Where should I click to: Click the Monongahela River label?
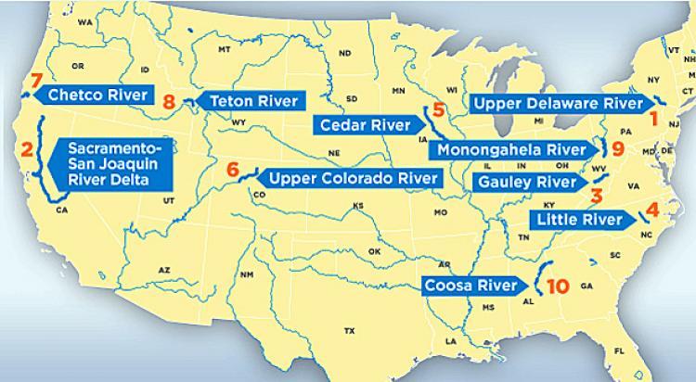coord(512,149)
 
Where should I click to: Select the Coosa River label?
coord(472,286)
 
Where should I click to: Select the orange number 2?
coord(27,149)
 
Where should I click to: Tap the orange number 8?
coord(169,102)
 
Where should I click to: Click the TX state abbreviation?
coord(350,330)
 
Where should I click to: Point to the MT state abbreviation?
coord(224,49)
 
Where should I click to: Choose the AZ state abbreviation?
coord(163,270)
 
